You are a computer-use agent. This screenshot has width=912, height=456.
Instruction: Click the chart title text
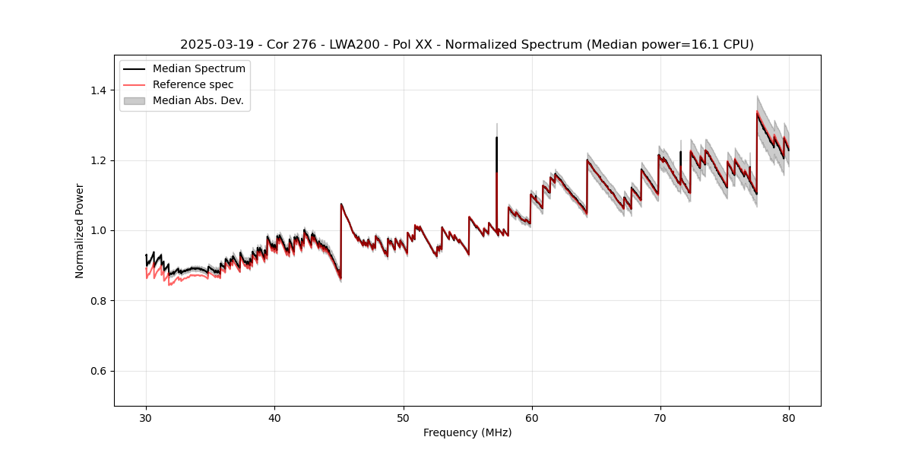[467, 45]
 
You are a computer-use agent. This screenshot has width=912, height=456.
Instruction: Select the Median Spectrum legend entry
[198, 69]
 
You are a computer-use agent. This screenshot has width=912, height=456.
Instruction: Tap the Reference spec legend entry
[193, 84]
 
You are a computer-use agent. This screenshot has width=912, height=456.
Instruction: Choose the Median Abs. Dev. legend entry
[198, 100]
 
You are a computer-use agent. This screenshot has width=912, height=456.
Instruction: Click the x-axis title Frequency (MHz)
[467, 432]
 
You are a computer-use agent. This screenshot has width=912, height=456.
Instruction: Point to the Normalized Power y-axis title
[80, 230]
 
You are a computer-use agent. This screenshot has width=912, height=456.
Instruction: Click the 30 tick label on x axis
[146, 417]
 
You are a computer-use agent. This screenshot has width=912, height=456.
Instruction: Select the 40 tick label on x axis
[274, 417]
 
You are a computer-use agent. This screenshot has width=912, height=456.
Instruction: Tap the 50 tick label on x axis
[403, 417]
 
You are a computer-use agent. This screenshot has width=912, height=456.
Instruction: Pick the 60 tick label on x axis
[531, 417]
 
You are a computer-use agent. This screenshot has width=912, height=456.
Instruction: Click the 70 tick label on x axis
[660, 417]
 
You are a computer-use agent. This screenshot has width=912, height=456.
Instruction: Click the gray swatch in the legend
[134, 100]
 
